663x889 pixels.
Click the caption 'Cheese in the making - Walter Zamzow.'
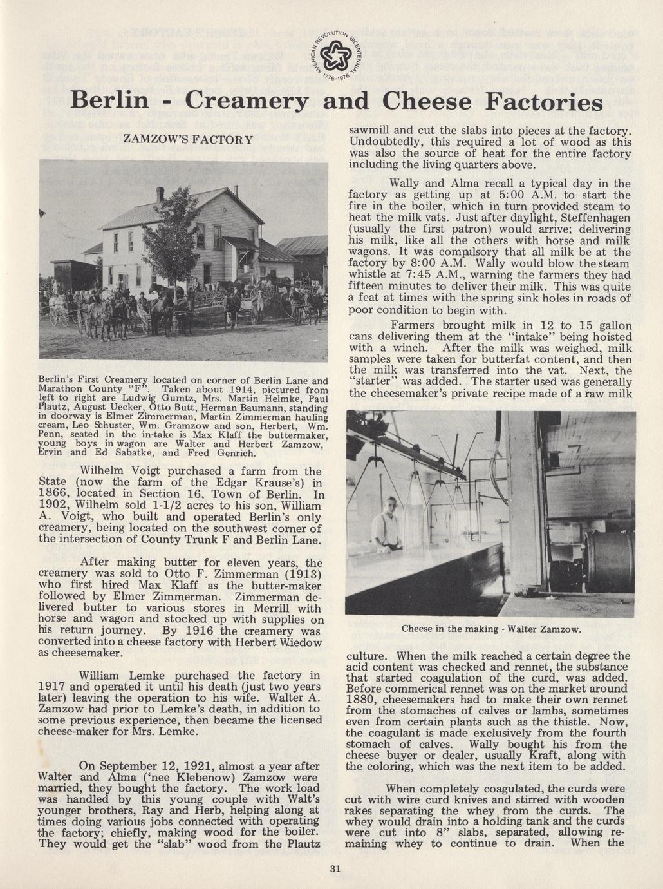tap(491, 628)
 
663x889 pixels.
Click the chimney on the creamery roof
tap(160, 194)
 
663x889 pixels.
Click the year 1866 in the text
tap(57, 495)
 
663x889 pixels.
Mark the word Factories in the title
tap(534, 102)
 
